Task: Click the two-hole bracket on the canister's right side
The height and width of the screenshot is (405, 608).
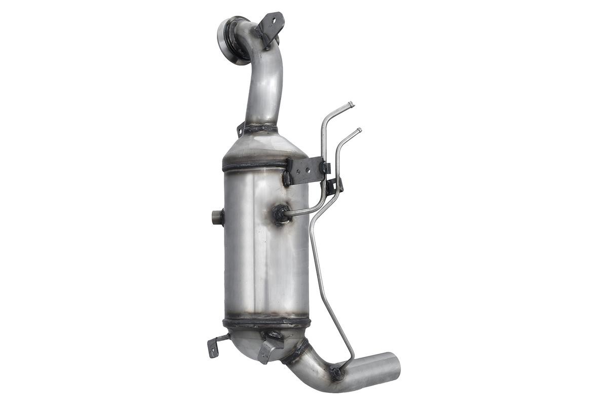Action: (x=305, y=171)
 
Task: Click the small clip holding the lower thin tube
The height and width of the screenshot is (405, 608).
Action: (x=334, y=186)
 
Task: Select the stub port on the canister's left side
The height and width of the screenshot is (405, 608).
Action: (x=217, y=217)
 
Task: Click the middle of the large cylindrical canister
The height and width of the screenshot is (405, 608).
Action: (x=266, y=243)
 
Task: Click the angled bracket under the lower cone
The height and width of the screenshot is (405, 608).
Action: (x=268, y=350)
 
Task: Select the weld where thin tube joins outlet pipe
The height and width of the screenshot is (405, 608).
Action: (x=336, y=373)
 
